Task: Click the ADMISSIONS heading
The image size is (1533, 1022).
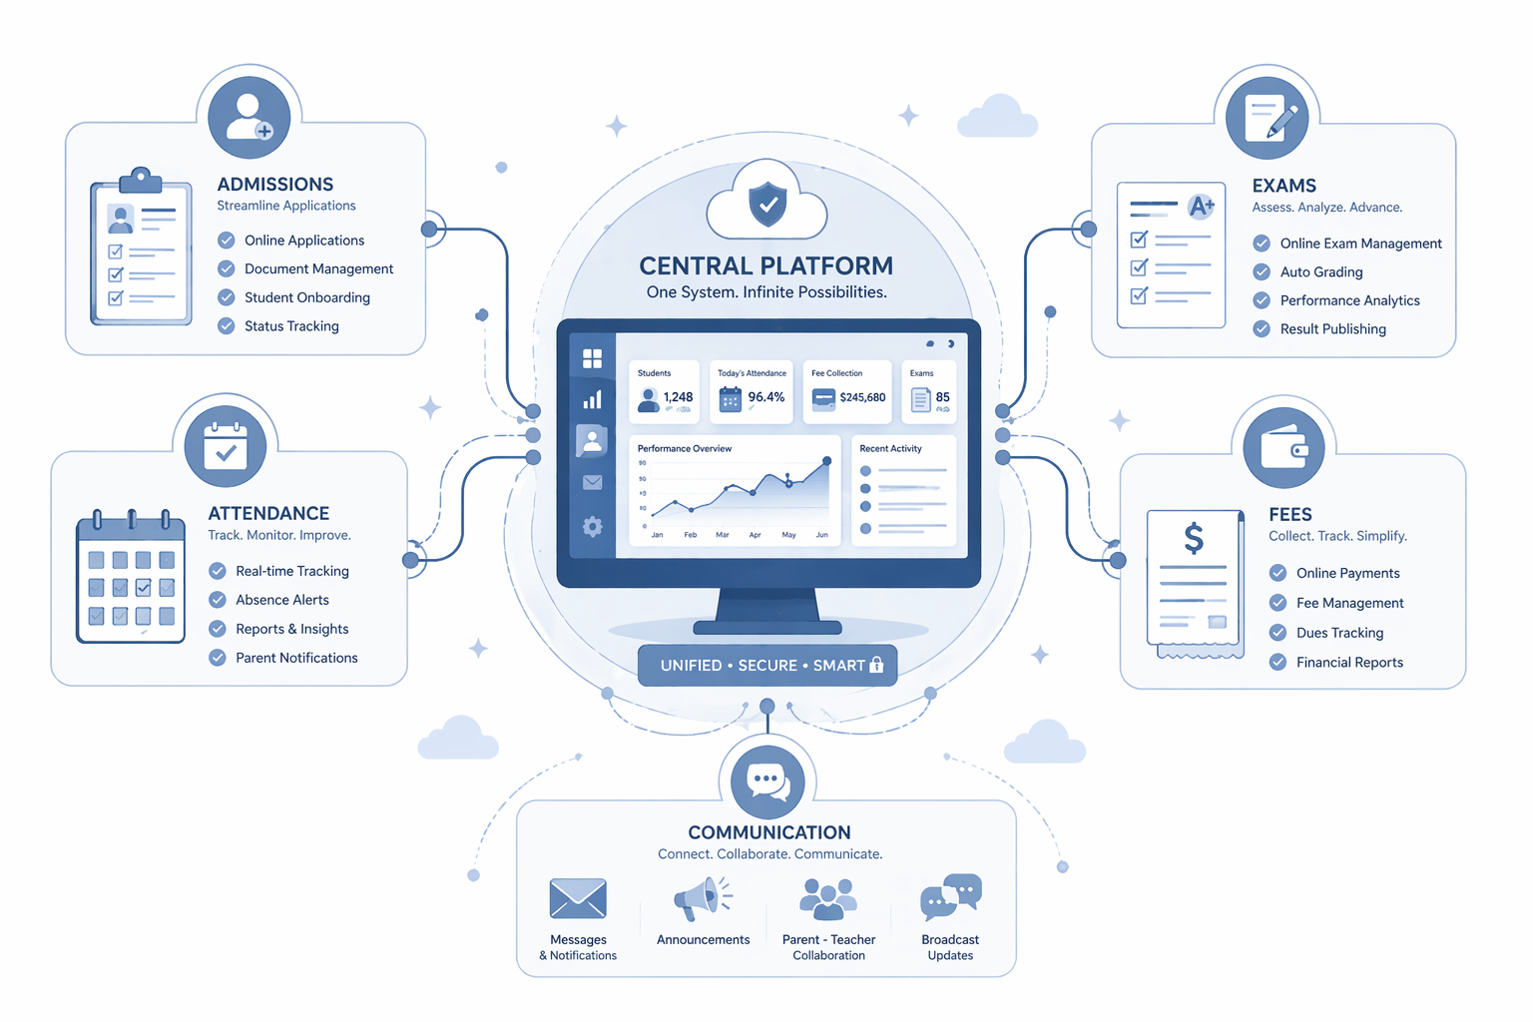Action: [x=275, y=184]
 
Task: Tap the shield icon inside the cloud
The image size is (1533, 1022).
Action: [x=767, y=204]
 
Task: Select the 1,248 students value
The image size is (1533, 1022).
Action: [x=678, y=397]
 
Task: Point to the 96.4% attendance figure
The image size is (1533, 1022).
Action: [x=766, y=397]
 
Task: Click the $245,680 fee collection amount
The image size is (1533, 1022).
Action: [x=862, y=397]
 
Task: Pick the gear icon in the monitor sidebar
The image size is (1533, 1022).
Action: [x=592, y=526]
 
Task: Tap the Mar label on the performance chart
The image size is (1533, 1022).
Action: [x=722, y=535]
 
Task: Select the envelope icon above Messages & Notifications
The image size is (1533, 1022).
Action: [x=578, y=898]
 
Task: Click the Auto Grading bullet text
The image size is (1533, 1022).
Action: [x=1320, y=271]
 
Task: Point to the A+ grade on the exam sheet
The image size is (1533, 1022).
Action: [x=1201, y=206]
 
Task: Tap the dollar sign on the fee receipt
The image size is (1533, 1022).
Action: [x=1194, y=538]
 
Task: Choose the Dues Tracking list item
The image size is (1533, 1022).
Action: [x=1339, y=633]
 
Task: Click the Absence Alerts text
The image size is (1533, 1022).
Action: [x=282, y=600]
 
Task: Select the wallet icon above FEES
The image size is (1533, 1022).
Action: [x=1283, y=448]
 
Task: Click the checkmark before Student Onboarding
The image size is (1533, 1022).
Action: [x=226, y=297]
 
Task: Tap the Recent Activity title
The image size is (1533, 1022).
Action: [x=890, y=448]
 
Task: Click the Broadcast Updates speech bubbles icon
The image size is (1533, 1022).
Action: [x=950, y=896]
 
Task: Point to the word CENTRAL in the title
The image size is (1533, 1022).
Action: [x=696, y=265]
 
